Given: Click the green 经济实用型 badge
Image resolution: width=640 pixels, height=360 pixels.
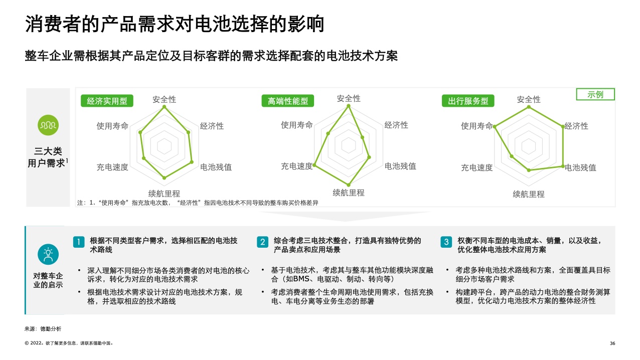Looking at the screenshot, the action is coord(107,101).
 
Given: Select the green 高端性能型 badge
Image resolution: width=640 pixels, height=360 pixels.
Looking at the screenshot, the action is coord(288,101).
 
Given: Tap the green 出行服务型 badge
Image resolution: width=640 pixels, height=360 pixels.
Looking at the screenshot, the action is coord(468,101).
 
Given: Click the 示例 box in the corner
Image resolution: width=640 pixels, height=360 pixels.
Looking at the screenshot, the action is coord(595,94).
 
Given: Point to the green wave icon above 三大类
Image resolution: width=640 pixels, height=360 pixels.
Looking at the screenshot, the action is coord(48,125).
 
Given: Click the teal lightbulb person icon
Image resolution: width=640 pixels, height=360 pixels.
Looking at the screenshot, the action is coord(48,254).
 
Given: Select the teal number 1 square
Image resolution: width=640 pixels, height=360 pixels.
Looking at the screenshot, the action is coord(79,242).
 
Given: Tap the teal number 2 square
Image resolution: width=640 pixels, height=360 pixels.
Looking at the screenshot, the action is coord(263,242).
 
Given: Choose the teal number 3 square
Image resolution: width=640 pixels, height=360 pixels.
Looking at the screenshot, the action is coord(446,242).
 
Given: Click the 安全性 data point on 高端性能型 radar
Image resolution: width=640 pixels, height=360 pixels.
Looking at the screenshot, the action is coord(349,106).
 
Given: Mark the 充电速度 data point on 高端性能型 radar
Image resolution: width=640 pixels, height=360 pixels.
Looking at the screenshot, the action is coord(314,165).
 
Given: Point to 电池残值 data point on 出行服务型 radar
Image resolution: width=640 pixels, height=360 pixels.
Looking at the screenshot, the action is coord(563,166).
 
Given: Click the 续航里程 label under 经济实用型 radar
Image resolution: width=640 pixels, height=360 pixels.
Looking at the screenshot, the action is coord(165,194).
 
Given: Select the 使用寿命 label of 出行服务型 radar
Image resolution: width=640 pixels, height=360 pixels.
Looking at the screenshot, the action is coord(477,126).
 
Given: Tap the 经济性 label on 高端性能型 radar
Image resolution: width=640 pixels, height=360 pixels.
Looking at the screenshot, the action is coord(396,125).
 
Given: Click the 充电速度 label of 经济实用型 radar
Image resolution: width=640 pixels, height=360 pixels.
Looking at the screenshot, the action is coord(112,167).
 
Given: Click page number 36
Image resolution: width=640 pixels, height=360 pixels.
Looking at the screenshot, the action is coord(612,343).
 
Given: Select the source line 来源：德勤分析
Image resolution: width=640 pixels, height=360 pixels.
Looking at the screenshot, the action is coord(43,329).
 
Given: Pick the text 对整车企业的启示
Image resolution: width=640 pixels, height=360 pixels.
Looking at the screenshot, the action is coord(48,280).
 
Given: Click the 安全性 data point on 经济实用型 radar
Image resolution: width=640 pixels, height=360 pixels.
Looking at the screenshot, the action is coord(165,107).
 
